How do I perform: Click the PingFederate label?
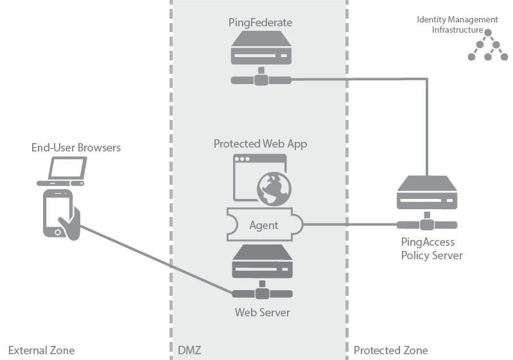[260, 22]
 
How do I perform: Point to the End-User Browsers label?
[76, 148]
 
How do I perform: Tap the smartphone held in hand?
[58, 213]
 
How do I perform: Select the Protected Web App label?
[260, 144]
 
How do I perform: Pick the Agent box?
[264, 225]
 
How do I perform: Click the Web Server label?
[262, 313]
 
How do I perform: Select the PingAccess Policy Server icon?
[427, 196]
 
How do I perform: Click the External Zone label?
[41, 350]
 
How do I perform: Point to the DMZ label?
[189, 350]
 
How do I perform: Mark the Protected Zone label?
[390, 350]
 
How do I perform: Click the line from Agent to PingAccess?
[350, 225]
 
